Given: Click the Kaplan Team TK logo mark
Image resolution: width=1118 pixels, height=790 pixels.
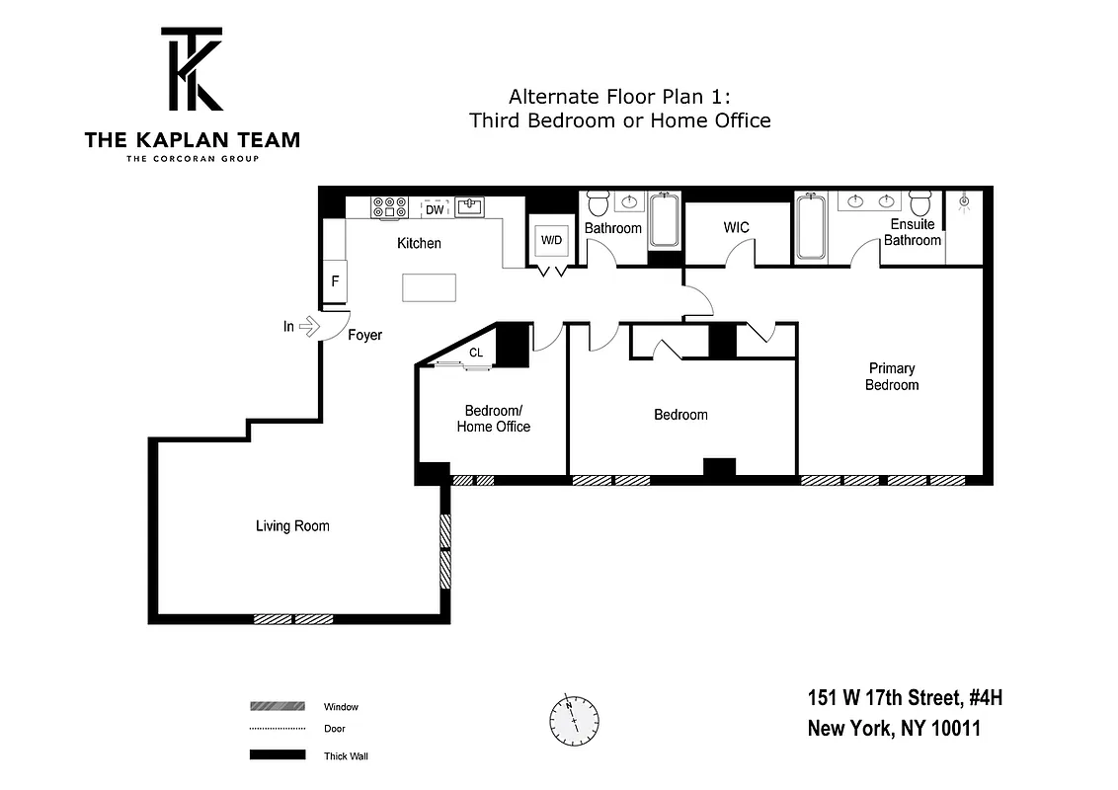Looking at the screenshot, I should click(192, 69).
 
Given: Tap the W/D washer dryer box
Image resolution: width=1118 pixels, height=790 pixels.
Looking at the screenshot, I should click(550, 240).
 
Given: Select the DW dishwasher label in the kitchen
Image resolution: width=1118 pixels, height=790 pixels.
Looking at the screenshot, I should click(435, 208).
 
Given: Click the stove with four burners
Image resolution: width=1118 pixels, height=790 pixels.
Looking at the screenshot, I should click(390, 207).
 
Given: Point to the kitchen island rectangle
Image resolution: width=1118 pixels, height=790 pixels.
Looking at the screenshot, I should click(430, 287).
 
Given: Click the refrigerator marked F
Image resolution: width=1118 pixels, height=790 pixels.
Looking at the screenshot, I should click(335, 281).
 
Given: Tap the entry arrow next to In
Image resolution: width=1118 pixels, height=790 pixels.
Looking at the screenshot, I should click(309, 326).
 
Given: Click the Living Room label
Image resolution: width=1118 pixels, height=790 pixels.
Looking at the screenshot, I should click(292, 526).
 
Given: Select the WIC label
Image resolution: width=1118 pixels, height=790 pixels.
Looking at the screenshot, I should click(736, 228).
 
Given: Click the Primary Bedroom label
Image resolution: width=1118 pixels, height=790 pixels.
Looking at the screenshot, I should click(892, 377).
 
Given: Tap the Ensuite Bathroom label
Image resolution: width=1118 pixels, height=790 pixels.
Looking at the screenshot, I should click(913, 232).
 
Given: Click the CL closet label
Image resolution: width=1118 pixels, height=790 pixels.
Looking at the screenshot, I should click(475, 353).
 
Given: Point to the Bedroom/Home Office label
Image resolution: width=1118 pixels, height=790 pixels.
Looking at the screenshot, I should click(493, 419).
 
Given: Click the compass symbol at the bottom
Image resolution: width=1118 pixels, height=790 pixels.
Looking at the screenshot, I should click(574, 722).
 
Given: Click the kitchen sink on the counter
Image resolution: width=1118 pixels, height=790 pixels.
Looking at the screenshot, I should click(469, 207).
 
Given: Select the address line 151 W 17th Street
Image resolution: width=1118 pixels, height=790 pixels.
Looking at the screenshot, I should click(905, 699).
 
